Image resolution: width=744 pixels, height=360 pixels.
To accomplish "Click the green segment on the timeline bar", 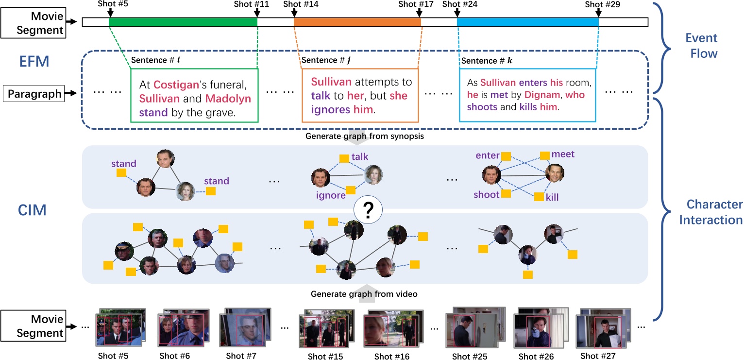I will point(183,22).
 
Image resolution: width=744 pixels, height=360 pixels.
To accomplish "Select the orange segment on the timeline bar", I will point(357,22).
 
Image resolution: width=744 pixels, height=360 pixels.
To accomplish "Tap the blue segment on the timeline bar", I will point(527,22).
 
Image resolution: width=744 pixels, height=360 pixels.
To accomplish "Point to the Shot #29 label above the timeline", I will point(602,4).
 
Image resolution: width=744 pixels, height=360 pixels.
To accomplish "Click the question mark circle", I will point(368,210).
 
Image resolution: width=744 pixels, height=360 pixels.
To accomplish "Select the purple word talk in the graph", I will point(360,157).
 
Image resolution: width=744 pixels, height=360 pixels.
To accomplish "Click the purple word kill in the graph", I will point(553,197).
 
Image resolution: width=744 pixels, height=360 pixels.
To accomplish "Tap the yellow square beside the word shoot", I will point(506,194).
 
